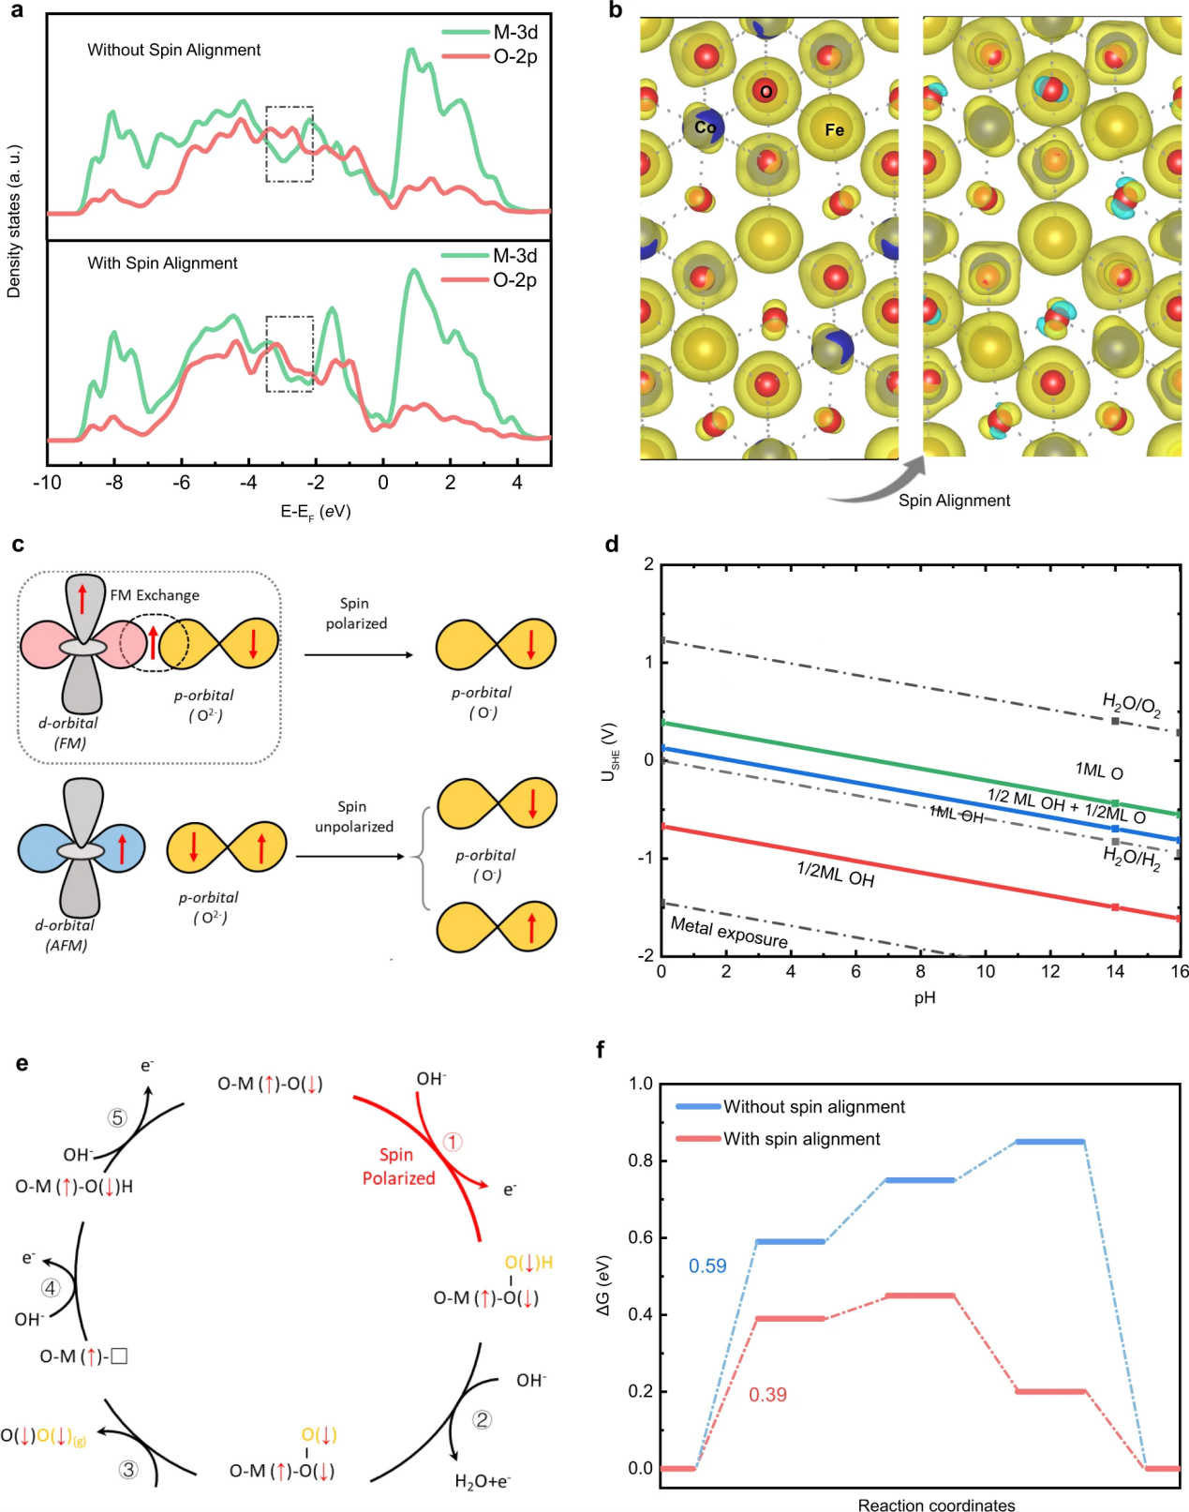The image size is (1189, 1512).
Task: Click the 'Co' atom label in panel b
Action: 705,127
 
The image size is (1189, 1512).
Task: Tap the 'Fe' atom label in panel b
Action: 834,130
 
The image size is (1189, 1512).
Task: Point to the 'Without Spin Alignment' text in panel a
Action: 174,50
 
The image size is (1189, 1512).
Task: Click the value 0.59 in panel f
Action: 707,1266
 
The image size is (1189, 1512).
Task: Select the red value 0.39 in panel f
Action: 767,1395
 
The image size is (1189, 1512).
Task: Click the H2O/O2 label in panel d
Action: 1131,704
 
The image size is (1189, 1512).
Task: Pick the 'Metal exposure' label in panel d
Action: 729,932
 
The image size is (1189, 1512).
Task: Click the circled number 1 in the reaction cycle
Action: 453,1142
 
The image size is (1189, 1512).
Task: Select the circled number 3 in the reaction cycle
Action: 128,1469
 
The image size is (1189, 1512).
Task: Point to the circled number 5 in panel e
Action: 117,1117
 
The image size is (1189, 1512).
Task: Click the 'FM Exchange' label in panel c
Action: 155,595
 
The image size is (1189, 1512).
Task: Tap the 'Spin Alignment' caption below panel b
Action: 954,501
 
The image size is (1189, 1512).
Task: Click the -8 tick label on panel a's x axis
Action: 114,483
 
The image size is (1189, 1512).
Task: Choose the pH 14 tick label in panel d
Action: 1114,971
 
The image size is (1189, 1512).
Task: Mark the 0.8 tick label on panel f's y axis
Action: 641,1160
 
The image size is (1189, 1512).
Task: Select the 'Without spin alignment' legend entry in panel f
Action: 813,1107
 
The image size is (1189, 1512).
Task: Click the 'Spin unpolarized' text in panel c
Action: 353,816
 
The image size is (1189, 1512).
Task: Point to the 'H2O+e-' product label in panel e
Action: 483,1481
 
